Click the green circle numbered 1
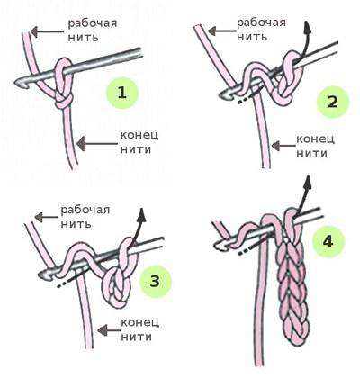pos(122,93)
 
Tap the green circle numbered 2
pos(333,102)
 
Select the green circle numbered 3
pos(155,282)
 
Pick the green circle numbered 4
pos(328,241)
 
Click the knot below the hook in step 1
pos(63,102)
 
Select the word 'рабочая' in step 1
pos(93,23)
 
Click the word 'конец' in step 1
pos(139,135)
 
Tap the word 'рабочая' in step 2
pos(261,22)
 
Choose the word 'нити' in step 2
pos(311,154)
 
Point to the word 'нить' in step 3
pos(76,224)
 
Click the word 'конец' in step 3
pos(139,323)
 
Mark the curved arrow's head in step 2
pos(306,28)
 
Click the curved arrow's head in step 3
pos(142,214)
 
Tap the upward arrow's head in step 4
pos(307,183)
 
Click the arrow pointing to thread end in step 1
pos(97,144)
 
